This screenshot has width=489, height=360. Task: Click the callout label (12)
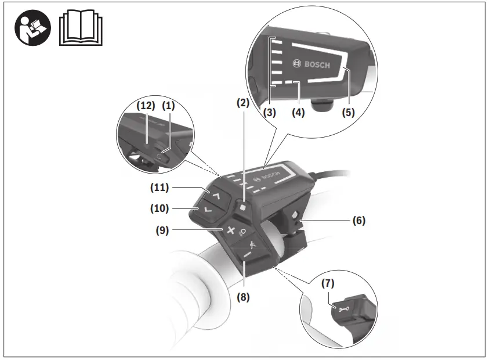pyautogui.click(x=145, y=106)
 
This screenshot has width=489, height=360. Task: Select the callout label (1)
pyautogui.click(x=169, y=106)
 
